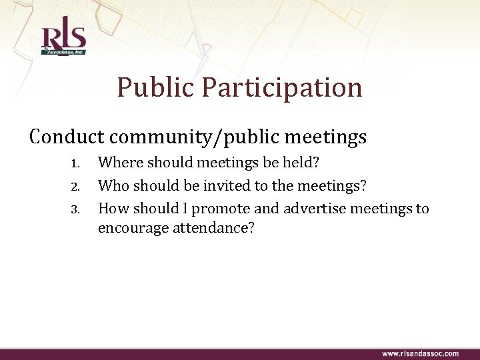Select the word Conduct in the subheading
point(67,137)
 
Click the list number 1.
point(76,163)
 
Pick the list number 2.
point(76,186)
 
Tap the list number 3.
point(76,209)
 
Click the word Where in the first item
point(120,162)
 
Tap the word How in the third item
point(114,209)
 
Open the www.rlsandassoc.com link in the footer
point(420,353)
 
